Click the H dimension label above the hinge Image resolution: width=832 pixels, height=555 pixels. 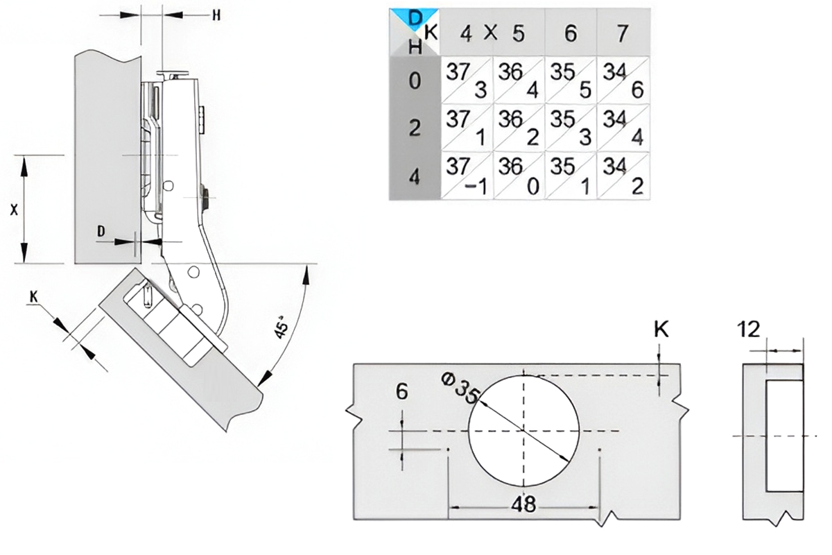point(216,15)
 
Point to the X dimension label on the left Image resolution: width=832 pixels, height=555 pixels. point(14,210)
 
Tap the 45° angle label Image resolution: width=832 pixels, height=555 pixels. point(282,327)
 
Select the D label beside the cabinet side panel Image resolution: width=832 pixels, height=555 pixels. point(101,232)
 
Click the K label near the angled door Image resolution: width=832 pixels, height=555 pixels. point(34,297)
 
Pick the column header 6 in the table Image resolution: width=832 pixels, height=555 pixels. point(571,33)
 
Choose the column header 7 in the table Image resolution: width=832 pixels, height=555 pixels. point(623,33)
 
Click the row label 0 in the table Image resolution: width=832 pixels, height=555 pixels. point(415,80)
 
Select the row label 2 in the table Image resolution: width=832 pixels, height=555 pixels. point(415,128)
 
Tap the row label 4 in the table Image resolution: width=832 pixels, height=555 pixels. point(415,177)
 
